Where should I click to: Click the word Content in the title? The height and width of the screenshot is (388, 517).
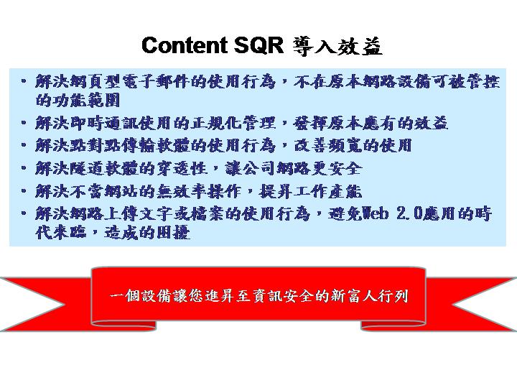click(185, 45)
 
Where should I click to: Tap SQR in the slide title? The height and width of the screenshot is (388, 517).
click(258, 45)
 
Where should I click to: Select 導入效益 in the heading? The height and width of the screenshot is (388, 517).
click(337, 46)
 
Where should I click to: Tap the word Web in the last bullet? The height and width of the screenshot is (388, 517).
click(376, 214)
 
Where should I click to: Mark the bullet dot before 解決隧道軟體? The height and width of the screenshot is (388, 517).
click(24, 168)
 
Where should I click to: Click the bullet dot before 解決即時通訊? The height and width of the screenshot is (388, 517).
click(24, 123)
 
